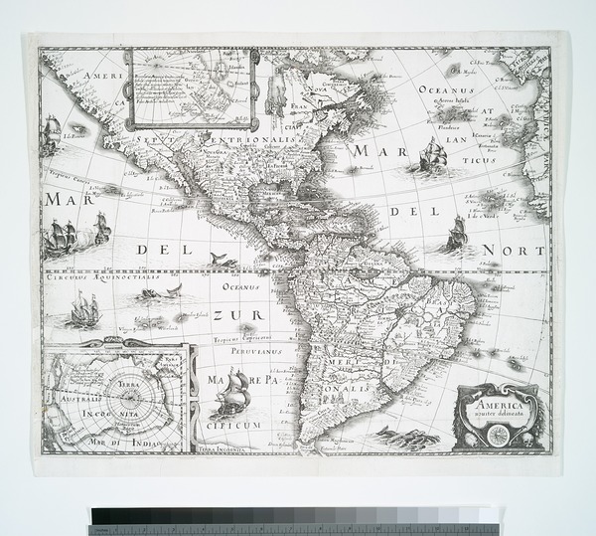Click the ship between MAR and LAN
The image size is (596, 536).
click(433, 155)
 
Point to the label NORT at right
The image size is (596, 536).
click(513, 250)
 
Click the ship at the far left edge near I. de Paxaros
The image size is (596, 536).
click(51, 134)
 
